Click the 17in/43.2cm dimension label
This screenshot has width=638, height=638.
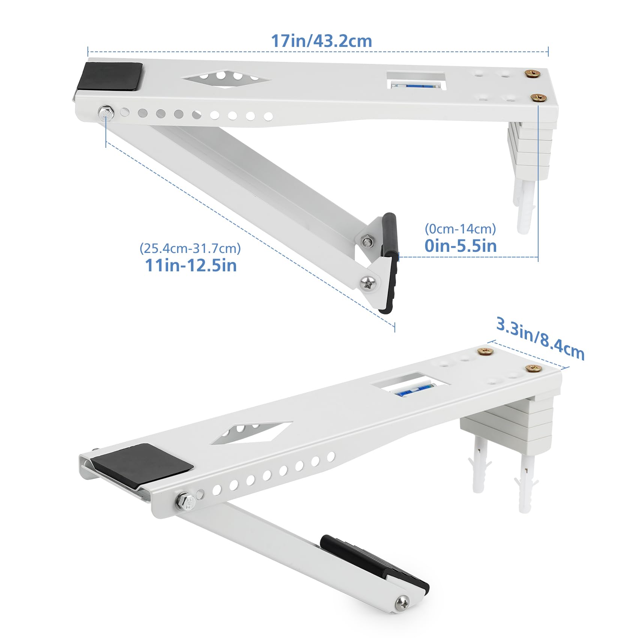[x=322, y=41]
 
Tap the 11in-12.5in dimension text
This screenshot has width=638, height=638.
[x=191, y=265]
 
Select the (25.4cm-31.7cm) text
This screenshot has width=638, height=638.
[x=190, y=248]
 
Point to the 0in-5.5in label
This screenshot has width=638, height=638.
[x=460, y=246]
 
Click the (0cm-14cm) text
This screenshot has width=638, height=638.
[x=460, y=229]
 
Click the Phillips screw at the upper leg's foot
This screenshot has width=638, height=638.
[x=369, y=283]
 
